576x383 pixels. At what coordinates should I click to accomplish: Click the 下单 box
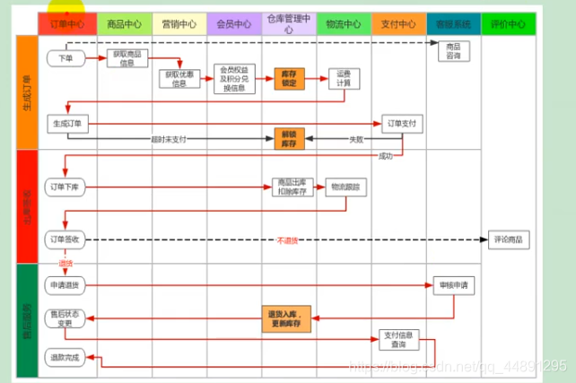tap(65, 58)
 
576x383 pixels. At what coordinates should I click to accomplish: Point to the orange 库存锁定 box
tap(290, 79)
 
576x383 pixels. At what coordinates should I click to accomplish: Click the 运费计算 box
tap(344, 79)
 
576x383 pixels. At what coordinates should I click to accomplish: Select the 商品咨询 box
tap(452, 51)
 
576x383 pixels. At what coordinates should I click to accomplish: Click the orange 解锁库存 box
tap(290, 138)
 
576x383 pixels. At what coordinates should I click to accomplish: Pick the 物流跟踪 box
tap(345, 187)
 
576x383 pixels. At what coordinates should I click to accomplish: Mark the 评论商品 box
tap(509, 239)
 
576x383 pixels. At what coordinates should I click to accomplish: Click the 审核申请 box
tap(452, 284)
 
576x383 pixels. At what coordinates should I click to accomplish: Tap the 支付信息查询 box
tap(397, 340)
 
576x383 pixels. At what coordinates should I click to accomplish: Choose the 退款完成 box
tap(65, 357)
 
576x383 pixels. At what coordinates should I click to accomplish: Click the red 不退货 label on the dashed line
tap(287, 240)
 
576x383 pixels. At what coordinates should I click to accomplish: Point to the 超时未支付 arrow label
tap(169, 139)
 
